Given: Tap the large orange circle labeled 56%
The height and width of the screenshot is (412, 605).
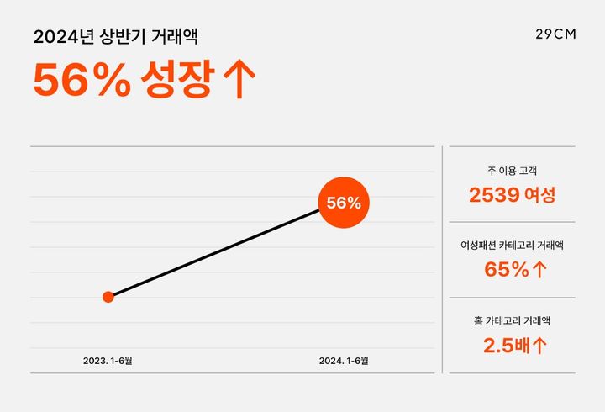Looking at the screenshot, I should point(344,203).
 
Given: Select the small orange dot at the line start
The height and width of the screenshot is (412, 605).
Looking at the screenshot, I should point(108,296).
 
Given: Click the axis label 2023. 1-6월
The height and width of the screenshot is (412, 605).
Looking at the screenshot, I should point(108,361).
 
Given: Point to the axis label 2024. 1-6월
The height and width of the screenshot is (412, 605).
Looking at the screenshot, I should point(344,361).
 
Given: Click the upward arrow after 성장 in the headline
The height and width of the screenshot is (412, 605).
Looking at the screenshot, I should point(240,80).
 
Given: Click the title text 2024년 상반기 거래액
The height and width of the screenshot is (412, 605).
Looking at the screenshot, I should point(117,37).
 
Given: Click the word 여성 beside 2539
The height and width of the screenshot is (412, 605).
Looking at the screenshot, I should point(539,195).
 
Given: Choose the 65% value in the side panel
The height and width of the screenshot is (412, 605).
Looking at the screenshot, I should point(507,269).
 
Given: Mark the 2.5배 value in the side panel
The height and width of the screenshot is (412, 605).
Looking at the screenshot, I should point(506,344).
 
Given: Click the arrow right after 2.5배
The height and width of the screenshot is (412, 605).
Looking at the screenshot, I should point(540,344).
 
